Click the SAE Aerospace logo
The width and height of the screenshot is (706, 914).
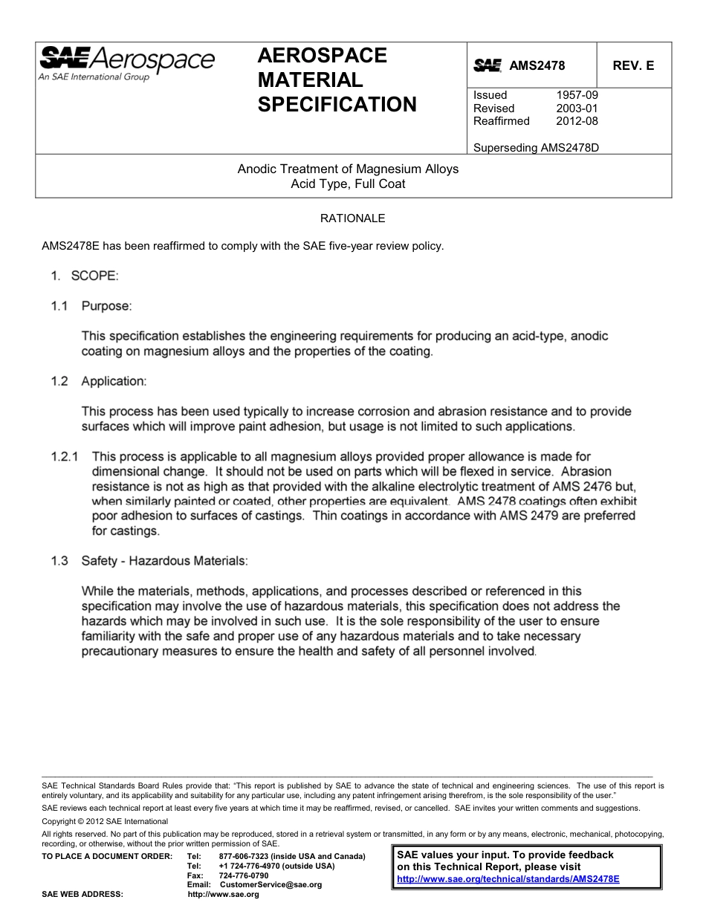click(x=126, y=62)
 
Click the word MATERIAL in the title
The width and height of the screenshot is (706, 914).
click(x=310, y=80)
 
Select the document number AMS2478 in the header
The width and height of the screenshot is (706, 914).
click(x=537, y=65)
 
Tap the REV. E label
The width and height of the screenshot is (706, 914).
click(x=633, y=65)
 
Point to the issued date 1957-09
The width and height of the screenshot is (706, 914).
click(x=577, y=95)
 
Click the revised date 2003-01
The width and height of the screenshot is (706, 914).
click(x=577, y=108)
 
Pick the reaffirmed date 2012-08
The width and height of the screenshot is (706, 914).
click(x=577, y=121)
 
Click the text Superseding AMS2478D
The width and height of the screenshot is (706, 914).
click(x=536, y=147)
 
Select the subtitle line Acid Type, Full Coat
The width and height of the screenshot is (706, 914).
click(x=348, y=184)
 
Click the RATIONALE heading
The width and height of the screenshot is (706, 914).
click(x=352, y=218)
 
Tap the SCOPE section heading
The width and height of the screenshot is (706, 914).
click(x=94, y=276)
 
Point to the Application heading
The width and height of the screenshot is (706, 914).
click(x=114, y=381)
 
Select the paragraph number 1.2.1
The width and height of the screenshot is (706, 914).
click(x=64, y=456)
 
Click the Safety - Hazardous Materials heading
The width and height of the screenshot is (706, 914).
click(x=165, y=561)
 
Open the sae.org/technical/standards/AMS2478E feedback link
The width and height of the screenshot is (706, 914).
click(x=508, y=878)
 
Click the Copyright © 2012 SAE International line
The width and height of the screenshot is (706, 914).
click(x=105, y=821)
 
